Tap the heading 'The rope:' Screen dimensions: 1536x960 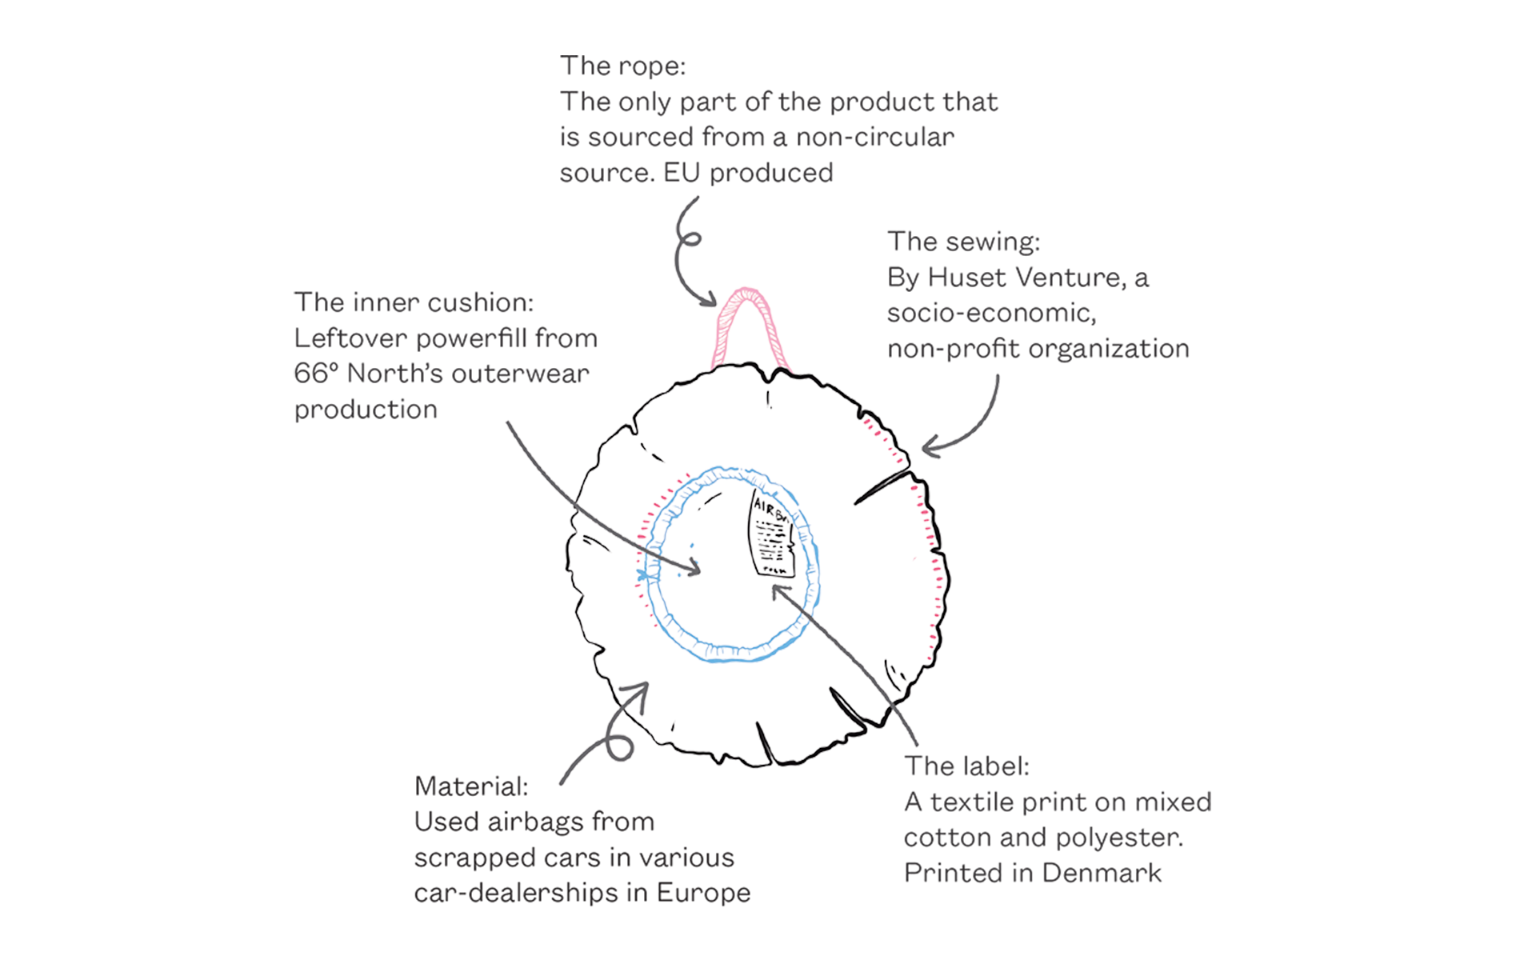(622, 66)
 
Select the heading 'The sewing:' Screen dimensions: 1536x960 (963, 242)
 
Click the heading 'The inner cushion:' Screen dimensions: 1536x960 (414, 302)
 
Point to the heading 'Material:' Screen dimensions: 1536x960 (471, 786)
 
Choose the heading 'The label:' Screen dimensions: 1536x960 (966, 766)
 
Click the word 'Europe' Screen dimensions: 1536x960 (703, 893)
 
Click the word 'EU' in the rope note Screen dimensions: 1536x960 (682, 173)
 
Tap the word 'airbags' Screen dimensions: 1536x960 (534, 822)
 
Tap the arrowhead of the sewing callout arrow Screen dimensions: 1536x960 (930, 447)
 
